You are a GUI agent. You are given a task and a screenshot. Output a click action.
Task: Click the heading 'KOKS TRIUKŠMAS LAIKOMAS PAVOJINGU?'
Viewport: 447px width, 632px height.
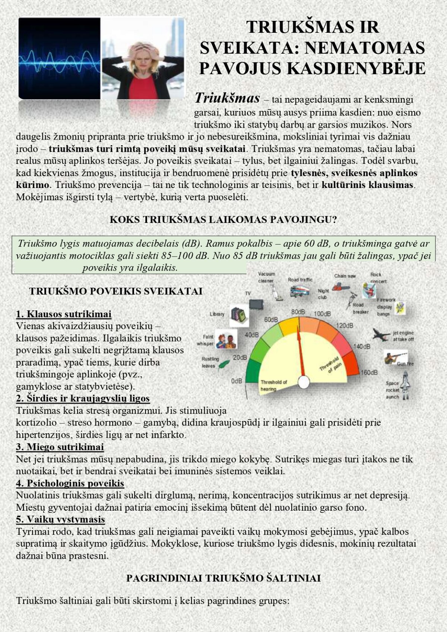coord(223,220)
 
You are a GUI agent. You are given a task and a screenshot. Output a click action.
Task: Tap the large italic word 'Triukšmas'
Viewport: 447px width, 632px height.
coord(227,98)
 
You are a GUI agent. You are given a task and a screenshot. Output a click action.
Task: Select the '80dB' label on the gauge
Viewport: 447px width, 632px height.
coord(298,312)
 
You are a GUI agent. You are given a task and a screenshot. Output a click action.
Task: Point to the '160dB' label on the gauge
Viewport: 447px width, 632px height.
coord(369,373)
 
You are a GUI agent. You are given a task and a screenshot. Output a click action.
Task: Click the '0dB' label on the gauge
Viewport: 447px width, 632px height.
coord(237,381)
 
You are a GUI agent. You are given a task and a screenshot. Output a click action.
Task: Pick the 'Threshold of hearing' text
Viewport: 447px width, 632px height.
coord(273,385)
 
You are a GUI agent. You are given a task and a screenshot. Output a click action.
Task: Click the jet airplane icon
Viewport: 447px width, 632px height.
coord(381,334)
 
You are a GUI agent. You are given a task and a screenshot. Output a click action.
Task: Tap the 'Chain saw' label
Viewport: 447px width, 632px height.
coord(345,276)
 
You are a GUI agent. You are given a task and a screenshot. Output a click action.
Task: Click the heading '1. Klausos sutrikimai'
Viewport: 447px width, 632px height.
coord(64,314)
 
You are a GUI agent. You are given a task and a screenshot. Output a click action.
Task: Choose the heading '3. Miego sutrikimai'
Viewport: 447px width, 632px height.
coord(60,446)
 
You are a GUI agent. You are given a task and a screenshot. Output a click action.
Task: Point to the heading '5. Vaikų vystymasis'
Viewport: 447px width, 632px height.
coord(60,519)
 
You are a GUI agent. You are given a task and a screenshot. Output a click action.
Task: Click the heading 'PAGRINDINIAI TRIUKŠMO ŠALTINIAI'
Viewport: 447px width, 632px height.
coord(223,578)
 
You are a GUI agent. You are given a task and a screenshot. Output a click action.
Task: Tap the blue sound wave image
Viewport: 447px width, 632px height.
coord(60,58)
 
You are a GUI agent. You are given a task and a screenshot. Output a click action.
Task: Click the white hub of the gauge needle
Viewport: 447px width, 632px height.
coord(304,382)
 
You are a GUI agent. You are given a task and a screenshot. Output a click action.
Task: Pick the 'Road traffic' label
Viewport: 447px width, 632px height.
coord(300,280)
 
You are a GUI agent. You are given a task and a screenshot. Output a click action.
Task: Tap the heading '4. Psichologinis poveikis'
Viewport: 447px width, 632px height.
coord(70,483)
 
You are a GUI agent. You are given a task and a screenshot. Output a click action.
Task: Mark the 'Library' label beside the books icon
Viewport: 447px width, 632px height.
coord(217,314)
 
